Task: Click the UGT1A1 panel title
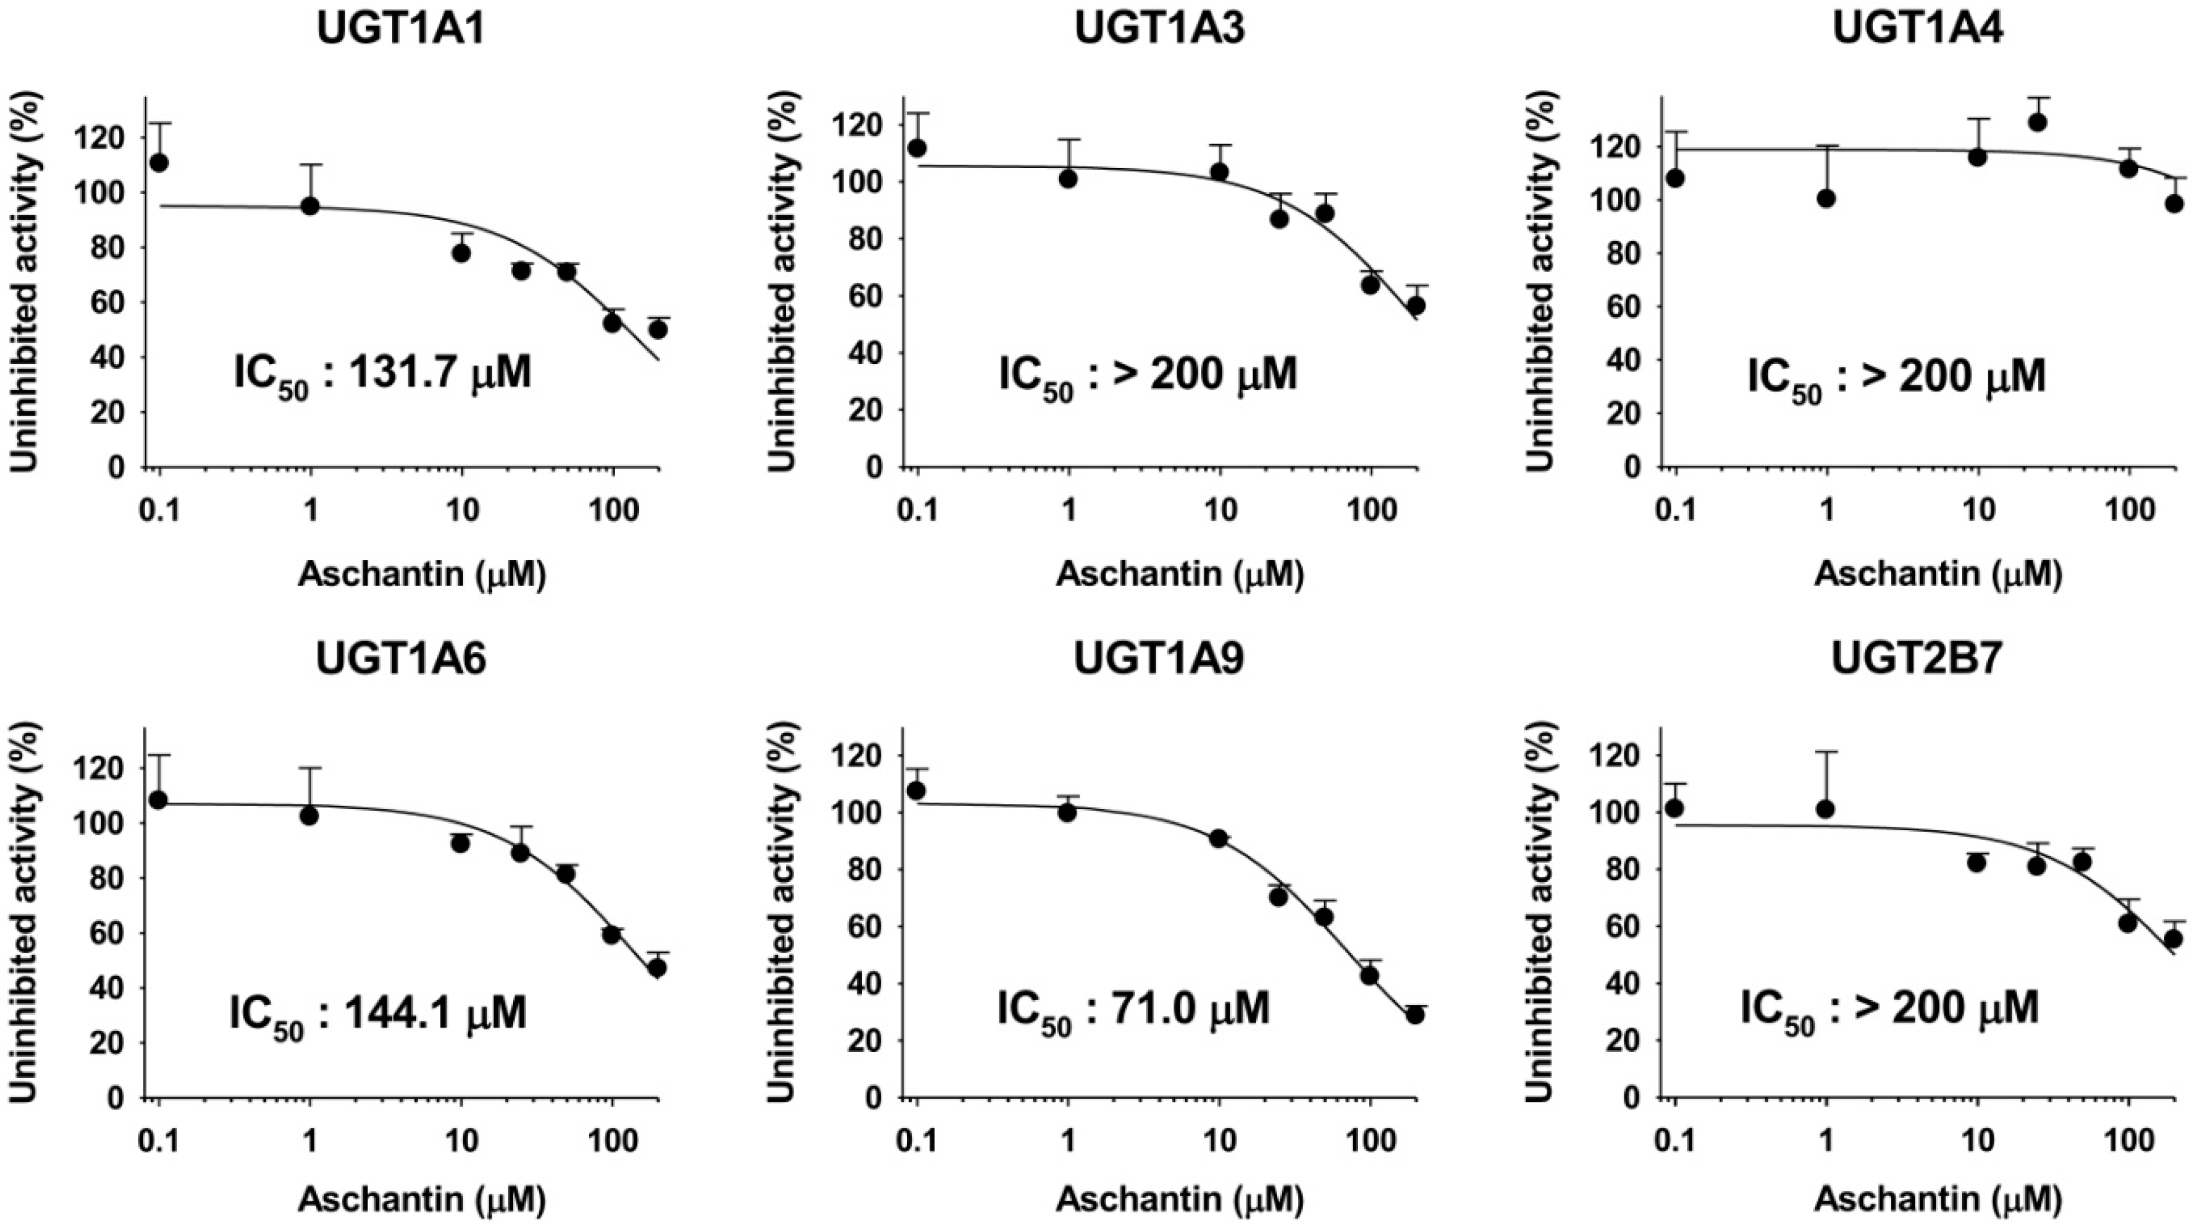[401, 28]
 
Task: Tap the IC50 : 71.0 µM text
[1134, 1008]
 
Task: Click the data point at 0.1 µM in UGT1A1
[158, 162]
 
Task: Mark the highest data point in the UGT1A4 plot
[2037, 122]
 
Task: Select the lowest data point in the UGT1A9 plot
[1415, 1015]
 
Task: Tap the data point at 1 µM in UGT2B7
[1825, 809]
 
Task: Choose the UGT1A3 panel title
[1159, 28]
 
